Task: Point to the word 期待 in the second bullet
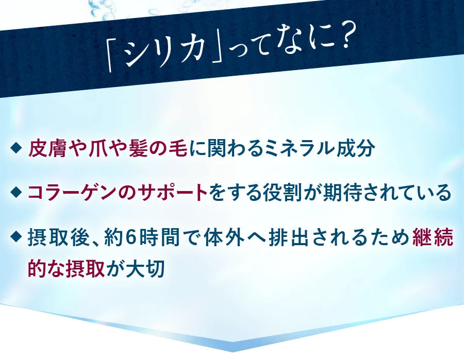tap(340, 193)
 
